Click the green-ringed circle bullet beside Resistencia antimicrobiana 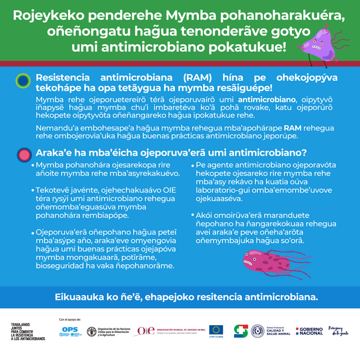click(x=23, y=81)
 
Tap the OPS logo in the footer click(x=69, y=331)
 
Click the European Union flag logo click(x=216, y=331)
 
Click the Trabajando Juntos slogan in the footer click(x=28, y=331)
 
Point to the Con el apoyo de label click(x=70, y=320)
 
